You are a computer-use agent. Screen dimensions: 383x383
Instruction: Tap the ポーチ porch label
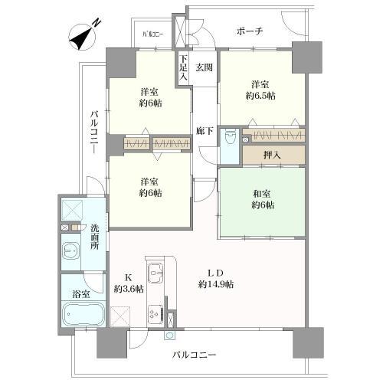(250, 31)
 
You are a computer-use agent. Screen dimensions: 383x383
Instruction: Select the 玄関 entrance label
(203, 66)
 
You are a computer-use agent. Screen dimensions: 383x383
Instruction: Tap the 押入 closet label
(272, 154)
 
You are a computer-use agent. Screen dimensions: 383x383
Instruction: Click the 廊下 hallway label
(203, 130)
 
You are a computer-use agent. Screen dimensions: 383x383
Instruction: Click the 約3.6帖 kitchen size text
(127, 289)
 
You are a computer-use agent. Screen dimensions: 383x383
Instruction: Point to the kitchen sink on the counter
(155, 270)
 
